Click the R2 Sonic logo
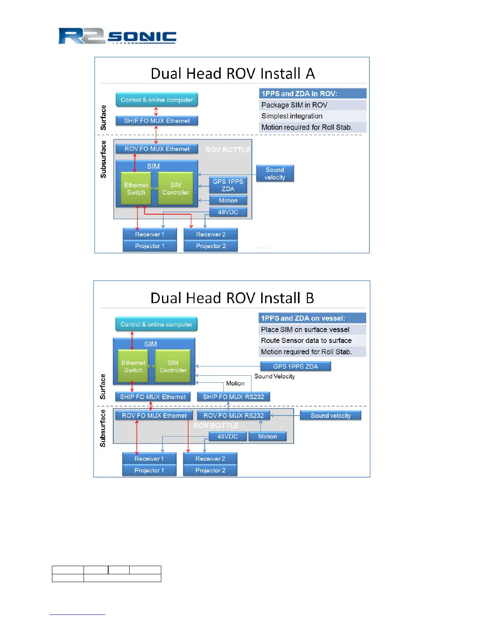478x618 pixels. (x=117, y=36)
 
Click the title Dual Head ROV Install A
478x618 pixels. (x=233, y=74)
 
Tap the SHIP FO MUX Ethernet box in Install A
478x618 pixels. (x=157, y=121)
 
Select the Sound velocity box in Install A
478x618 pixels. (x=275, y=174)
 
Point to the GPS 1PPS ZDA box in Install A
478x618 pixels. (x=228, y=185)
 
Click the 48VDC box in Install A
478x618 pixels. (x=228, y=212)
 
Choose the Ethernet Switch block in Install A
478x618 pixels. (x=136, y=189)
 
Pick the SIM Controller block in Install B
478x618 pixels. (x=173, y=366)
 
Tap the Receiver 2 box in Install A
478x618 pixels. (x=210, y=234)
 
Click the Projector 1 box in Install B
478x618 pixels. (x=149, y=471)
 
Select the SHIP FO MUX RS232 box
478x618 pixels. (x=234, y=397)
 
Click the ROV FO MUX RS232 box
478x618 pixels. (x=234, y=416)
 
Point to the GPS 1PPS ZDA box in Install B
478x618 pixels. (x=295, y=366)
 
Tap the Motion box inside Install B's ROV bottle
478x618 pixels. (x=268, y=437)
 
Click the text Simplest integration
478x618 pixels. (x=292, y=116)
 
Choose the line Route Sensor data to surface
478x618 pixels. (x=306, y=341)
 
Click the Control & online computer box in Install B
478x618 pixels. (x=156, y=324)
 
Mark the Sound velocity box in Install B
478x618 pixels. (x=330, y=416)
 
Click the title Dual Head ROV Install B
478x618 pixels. (x=232, y=298)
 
